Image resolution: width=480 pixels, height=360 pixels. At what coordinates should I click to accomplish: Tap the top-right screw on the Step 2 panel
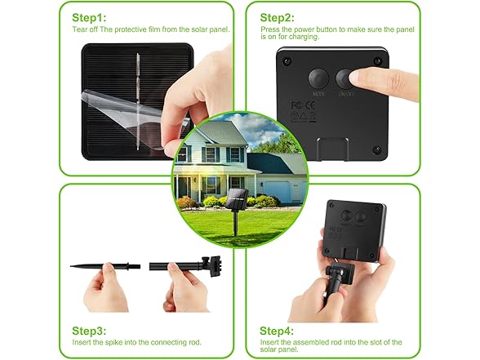(x=378, y=61)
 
